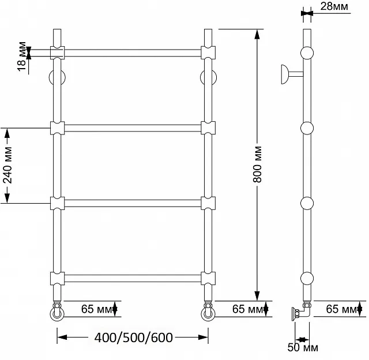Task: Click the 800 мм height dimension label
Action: point(258,164)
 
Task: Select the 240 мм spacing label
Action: point(7,165)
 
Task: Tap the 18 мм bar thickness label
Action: point(22,57)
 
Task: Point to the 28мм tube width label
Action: point(334,6)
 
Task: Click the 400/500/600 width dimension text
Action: point(133,338)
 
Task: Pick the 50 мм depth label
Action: point(303,347)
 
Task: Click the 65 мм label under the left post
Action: point(97,309)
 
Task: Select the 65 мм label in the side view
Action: point(341,309)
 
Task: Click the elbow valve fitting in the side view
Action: point(302,312)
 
